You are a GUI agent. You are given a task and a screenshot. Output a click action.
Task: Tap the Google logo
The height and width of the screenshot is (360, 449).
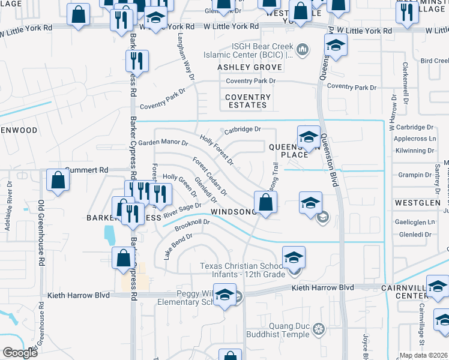[x=20, y=353]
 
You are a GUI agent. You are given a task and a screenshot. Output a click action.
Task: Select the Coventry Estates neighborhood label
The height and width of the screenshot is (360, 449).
[x=248, y=101]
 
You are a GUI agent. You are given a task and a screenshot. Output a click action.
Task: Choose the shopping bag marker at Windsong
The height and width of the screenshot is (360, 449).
[x=265, y=202]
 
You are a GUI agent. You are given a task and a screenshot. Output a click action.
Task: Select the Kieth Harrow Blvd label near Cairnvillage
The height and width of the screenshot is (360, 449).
[x=315, y=289]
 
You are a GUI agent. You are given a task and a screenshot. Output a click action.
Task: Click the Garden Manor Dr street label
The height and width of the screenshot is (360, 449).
[x=163, y=143]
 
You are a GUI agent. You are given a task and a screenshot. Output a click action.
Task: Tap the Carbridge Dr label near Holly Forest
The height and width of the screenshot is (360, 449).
[x=243, y=129]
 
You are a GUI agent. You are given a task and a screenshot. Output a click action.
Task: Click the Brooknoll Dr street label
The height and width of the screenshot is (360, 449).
[x=192, y=224]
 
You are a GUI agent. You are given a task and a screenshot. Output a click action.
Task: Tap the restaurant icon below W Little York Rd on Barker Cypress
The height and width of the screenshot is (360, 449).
[x=137, y=61]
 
